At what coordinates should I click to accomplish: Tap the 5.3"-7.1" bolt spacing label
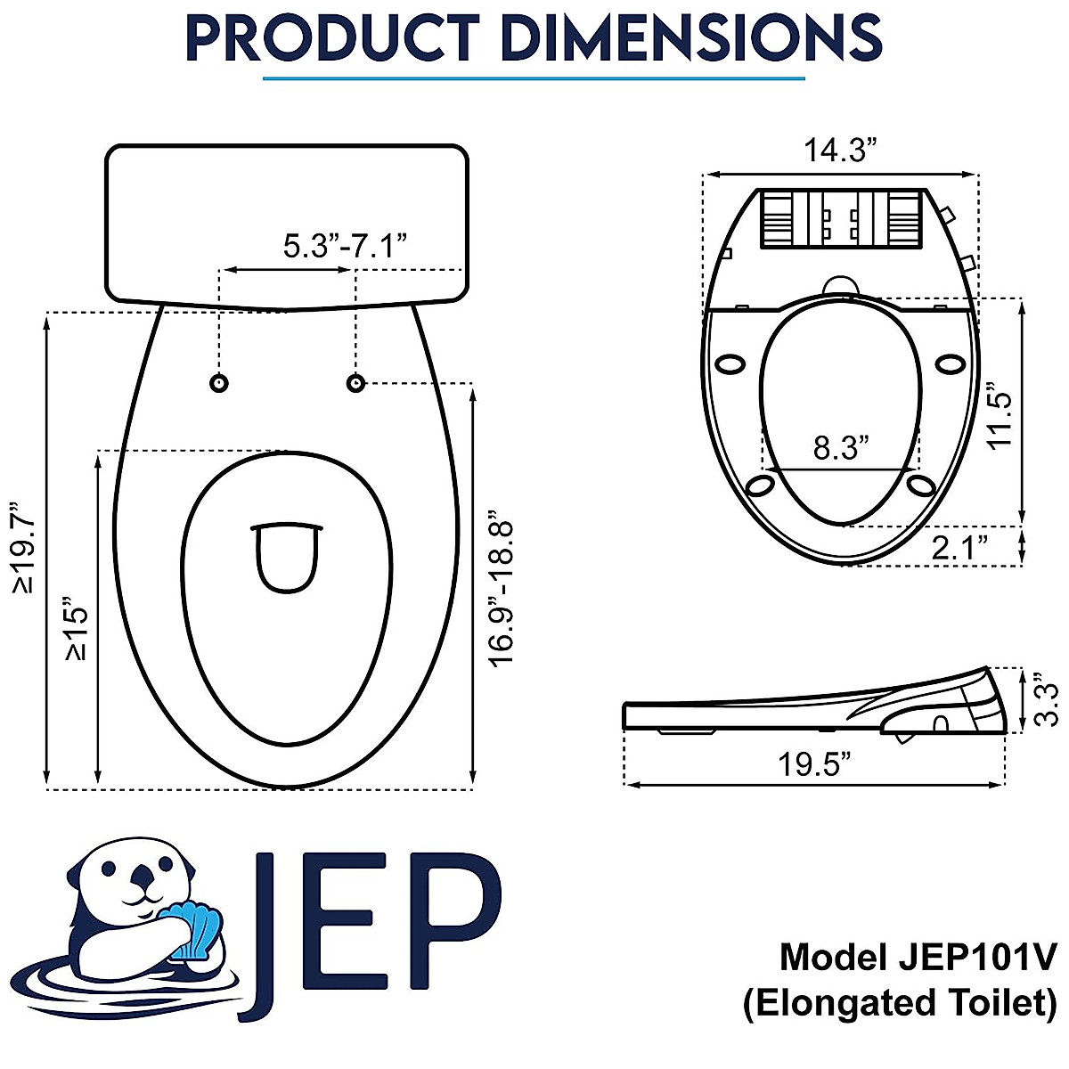(x=345, y=245)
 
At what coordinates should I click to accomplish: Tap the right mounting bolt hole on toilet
(x=355, y=383)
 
